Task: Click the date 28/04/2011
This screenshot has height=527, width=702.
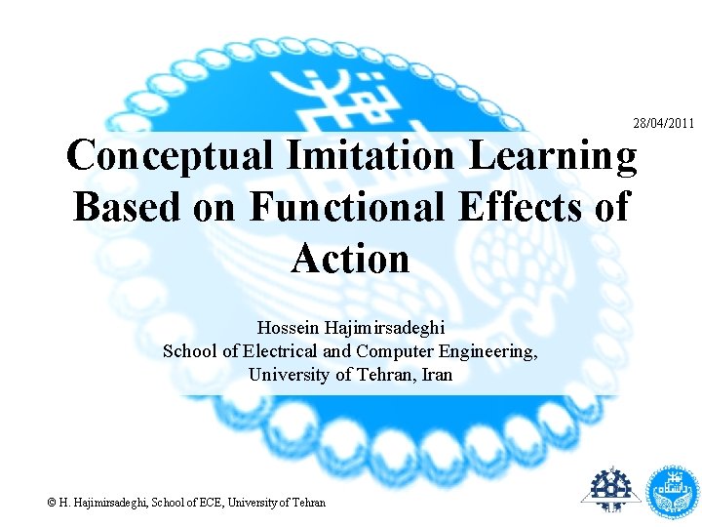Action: [x=663, y=123]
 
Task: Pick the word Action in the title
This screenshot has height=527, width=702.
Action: [x=350, y=259]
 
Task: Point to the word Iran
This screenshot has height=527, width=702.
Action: [x=436, y=375]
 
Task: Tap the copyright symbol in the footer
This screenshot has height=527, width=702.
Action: [x=53, y=503]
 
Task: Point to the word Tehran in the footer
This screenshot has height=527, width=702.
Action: [x=307, y=503]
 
